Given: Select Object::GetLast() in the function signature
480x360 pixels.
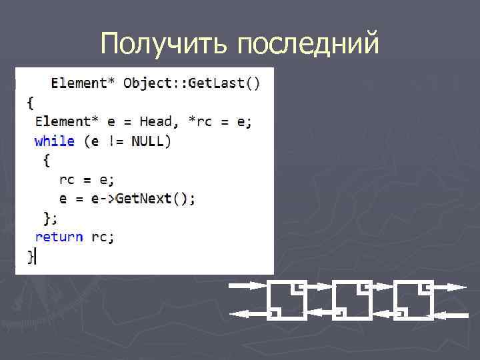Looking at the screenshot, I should (192, 83).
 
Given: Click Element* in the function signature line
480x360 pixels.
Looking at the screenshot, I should (83, 83).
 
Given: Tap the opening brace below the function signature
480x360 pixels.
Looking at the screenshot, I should (30, 102).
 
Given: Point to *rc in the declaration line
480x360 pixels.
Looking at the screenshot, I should (199, 121).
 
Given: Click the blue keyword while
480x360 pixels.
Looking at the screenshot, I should (55, 141).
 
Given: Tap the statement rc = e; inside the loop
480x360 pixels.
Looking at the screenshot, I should (87, 179).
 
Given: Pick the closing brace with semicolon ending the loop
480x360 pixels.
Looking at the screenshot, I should (50, 218).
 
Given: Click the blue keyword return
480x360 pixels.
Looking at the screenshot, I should (59, 237).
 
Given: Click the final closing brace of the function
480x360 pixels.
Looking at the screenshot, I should (31, 257).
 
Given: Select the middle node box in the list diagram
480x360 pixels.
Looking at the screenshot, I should (351, 299).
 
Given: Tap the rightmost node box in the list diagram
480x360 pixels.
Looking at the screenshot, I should (414, 299).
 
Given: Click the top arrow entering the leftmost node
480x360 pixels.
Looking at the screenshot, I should (248, 287).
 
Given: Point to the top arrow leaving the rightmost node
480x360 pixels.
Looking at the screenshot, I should (450, 287).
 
